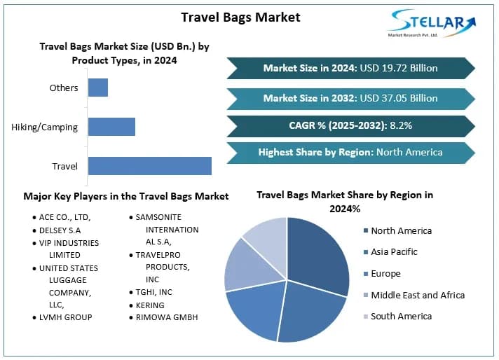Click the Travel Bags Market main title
(x=240, y=17)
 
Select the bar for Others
(x=98, y=88)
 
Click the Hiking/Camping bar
(x=111, y=127)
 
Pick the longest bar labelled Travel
(x=149, y=166)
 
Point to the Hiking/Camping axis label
(x=45, y=127)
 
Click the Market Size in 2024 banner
(x=350, y=68)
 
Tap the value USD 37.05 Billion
(x=398, y=98)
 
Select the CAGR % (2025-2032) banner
(x=350, y=126)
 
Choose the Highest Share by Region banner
(x=350, y=152)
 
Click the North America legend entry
(x=401, y=230)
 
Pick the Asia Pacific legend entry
(x=394, y=251)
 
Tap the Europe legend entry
(x=385, y=273)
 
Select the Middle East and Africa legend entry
(x=417, y=295)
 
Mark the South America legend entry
(x=401, y=316)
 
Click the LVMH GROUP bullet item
(x=65, y=317)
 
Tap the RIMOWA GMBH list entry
(x=167, y=317)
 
